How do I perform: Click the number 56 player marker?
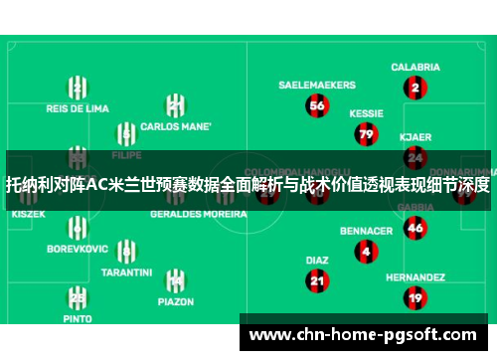pyautogui.click(x=317, y=104)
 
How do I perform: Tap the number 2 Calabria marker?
pyautogui.click(x=415, y=88)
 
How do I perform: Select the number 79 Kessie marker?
pyautogui.click(x=366, y=133)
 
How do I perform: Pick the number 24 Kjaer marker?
pyautogui.click(x=415, y=157)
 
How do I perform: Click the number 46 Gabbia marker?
pyautogui.click(x=415, y=228)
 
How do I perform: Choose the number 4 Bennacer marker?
pyautogui.click(x=366, y=252)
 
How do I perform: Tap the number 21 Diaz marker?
pyautogui.click(x=317, y=280)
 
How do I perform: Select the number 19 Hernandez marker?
pyautogui.click(x=415, y=297)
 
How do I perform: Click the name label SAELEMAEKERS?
pyautogui.click(x=317, y=85)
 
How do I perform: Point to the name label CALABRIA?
pyautogui.click(x=415, y=68)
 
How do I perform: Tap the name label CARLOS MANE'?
pyautogui.click(x=175, y=127)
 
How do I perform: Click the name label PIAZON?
pyautogui.click(x=175, y=300)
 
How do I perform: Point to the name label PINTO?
pyautogui.click(x=77, y=319)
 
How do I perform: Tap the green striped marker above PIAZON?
pyautogui.click(x=175, y=280)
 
